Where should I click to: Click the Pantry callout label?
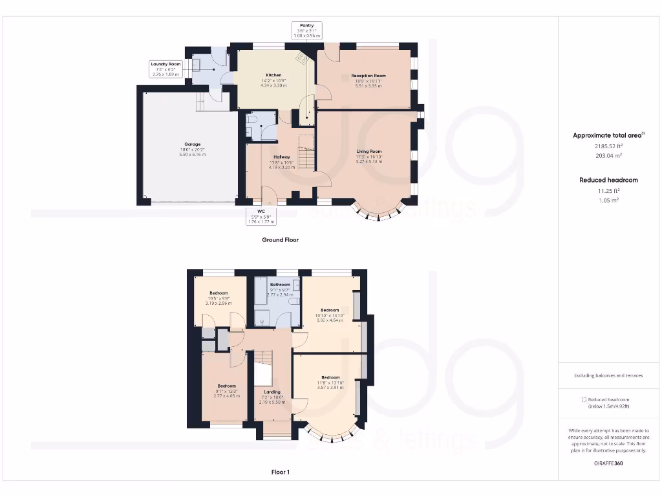[x=306, y=30]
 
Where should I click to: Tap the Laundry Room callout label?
[x=165, y=69]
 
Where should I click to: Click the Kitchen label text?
[x=274, y=80]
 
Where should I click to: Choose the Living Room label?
[x=369, y=156]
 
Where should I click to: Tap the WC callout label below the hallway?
[x=261, y=216]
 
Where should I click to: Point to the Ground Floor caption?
[x=280, y=239]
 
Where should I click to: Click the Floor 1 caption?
[x=280, y=472]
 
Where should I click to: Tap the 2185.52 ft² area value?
[x=608, y=147]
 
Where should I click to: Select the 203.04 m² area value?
[x=608, y=156]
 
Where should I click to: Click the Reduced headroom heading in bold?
[x=608, y=180]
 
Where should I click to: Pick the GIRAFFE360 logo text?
[x=608, y=463]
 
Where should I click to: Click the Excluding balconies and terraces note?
[x=608, y=375]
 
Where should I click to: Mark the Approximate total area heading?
[x=608, y=135]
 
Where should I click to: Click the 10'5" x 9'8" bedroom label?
[x=219, y=298]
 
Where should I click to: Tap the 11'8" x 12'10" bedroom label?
[x=330, y=382]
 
